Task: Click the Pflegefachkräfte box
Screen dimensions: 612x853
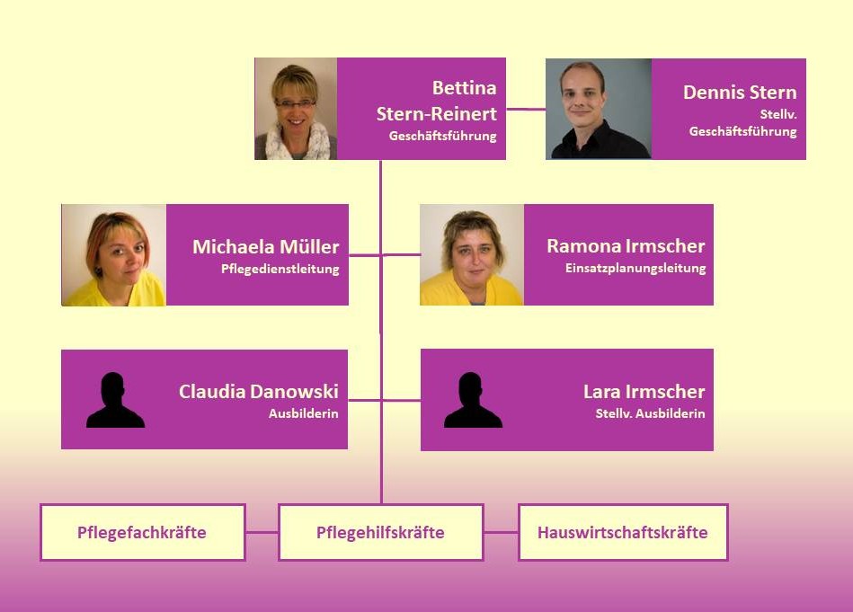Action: [x=142, y=532]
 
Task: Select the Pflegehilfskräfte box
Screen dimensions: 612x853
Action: [x=380, y=532]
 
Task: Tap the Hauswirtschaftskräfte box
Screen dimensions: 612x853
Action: [x=622, y=532]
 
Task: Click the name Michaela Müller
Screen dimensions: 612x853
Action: [x=265, y=246]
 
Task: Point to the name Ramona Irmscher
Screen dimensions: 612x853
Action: [x=626, y=246]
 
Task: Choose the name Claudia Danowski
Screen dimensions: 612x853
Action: [x=258, y=391]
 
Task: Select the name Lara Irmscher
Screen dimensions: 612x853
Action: [x=644, y=391]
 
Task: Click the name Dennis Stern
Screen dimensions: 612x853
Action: [x=740, y=92]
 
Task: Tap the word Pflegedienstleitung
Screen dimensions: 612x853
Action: [x=280, y=269]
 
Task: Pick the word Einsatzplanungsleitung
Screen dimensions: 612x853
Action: [x=635, y=269]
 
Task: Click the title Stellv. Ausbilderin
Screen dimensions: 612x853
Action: [x=650, y=413]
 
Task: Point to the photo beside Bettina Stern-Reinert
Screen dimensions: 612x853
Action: [x=296, y=109]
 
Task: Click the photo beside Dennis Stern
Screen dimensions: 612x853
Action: [x=599, y=109]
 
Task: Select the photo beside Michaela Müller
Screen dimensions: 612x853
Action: [x=114, y=255]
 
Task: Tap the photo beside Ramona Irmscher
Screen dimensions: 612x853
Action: [x=472, y=255]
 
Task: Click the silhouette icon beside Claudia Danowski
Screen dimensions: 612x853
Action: [x=115, y=401]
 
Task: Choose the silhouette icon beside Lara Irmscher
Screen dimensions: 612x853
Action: [x=473, y=401]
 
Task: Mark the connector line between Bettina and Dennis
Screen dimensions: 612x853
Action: [x=526, y=109]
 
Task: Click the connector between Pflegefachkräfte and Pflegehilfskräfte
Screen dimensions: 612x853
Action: [x=262, y=532]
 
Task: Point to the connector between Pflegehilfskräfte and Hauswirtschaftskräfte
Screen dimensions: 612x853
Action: [x=501, y=532]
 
